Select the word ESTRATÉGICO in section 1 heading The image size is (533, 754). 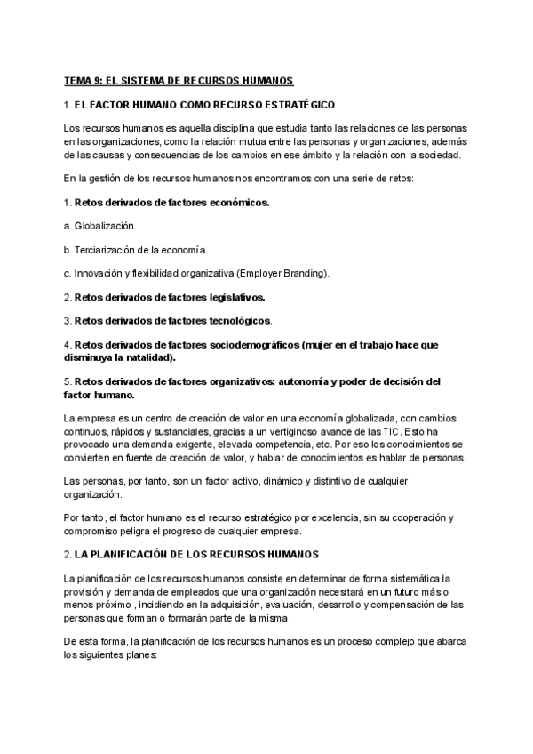(297, 105)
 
